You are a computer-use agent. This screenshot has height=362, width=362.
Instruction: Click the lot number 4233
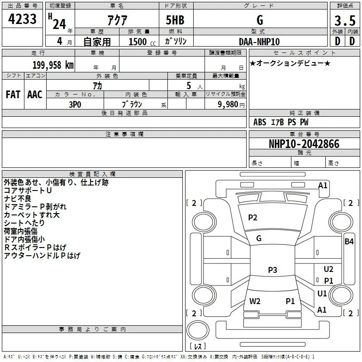click(22, 19)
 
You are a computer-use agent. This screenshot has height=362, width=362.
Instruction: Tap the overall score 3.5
click(345, 20)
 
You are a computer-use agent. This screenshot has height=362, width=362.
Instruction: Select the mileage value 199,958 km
click(53, 65)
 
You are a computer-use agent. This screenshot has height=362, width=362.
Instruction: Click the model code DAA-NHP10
click(259, 42)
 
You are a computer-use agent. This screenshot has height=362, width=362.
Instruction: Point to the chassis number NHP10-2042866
click(304, 144)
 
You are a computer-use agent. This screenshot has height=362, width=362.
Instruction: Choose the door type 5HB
click(175, 20)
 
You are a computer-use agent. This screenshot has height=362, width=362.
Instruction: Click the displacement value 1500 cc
click(142, 42)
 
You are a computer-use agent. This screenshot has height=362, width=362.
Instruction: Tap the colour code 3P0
click(75, 105)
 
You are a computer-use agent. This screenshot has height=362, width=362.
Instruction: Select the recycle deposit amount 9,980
click(228, 105)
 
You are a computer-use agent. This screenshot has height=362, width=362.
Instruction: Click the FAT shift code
click(13, 95)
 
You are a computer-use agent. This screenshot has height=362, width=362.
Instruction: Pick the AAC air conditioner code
click(35, 95)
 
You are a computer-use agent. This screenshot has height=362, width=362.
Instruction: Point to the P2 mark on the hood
click(252, 218)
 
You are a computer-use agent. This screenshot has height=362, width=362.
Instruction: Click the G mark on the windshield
click(259, 238)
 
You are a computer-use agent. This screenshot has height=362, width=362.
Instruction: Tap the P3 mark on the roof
click(272, 270)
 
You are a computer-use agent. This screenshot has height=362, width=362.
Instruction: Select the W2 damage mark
click(255, 301)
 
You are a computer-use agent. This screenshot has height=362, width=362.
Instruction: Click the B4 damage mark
click(349, 242)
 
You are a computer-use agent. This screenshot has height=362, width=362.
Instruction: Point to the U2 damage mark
click(329, 269)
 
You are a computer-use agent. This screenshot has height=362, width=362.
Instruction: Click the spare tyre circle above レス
click(198, 330)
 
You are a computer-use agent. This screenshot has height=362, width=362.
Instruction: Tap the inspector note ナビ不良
click(18, 199)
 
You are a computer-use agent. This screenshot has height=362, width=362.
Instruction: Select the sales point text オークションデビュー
click(290, 63)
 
